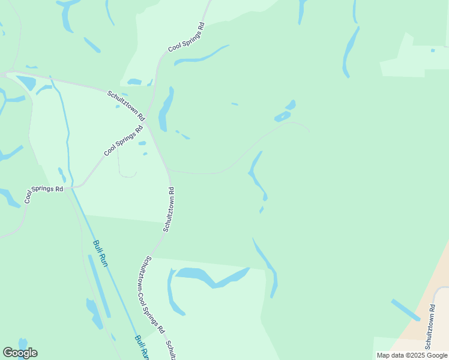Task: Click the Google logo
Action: tap(20, 353)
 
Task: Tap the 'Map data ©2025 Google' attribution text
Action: tap(412, 355)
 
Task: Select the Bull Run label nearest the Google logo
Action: tap(141, 347)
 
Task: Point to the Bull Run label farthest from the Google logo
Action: tap(100, 253)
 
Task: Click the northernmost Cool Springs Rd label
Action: tap(187, 37)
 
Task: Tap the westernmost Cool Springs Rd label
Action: tap(44, 194)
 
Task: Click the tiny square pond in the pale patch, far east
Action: tap(433, 50)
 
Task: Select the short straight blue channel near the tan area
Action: tap(406, 310)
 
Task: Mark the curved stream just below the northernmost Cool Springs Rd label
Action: tap(201, 56)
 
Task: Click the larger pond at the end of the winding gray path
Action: tap(282, 116)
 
